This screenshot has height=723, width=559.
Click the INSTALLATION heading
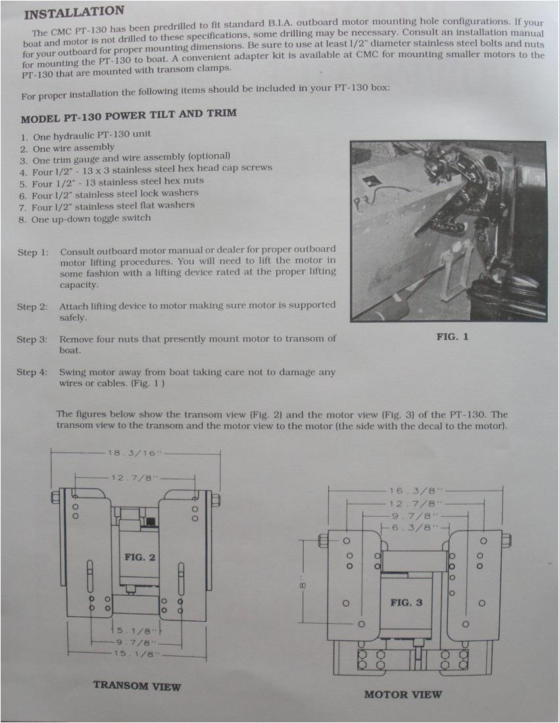click(x=74, y=12)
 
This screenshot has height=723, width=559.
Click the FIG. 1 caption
click(x=452, y=337)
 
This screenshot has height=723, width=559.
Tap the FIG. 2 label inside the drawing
click(x=139, y=557)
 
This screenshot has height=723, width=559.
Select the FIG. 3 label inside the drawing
click(x=406, y=602)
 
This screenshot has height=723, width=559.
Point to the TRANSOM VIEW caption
click(x=137, y=686)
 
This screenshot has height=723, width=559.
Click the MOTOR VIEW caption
click(x=403, y=694)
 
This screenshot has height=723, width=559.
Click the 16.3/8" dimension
click(x=416, y=490)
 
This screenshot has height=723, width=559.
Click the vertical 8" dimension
click(x=303, y=584)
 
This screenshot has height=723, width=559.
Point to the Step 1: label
click(x=33, y=252)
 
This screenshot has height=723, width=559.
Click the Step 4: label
click(x=32, y=372)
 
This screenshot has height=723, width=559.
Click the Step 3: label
click(x=32, y=339)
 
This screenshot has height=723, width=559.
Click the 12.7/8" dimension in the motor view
click(x=416, y=503)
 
